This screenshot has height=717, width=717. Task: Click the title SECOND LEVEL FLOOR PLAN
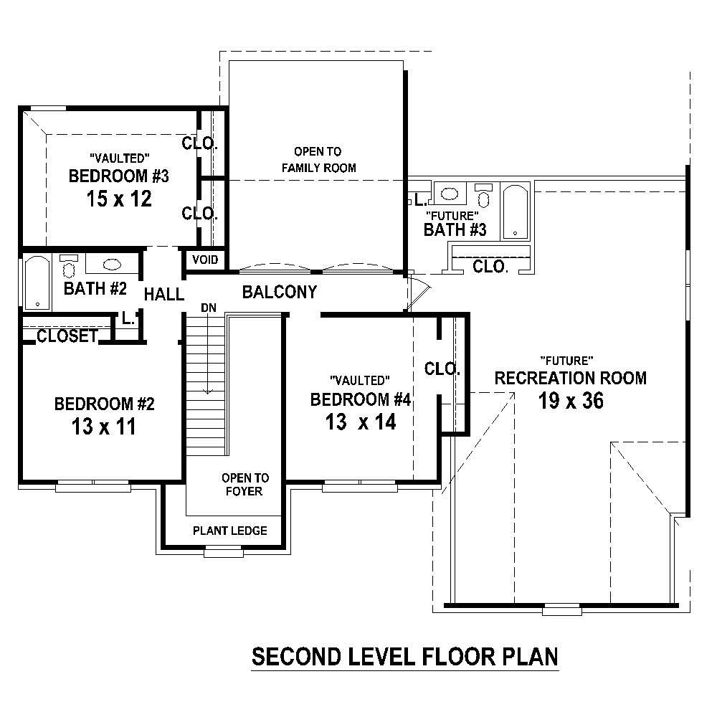(404, 656)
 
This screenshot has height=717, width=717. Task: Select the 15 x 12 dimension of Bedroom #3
(119, 199)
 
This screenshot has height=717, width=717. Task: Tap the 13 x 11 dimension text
(104, 427)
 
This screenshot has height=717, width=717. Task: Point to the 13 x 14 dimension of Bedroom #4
(360, 422)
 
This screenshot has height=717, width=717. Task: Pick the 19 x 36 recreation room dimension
(571, 401)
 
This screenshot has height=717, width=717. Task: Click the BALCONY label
(280, 292)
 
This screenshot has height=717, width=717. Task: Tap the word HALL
(164, 294)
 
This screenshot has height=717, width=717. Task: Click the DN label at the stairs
(208, 308)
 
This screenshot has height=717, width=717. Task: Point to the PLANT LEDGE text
(230, 531)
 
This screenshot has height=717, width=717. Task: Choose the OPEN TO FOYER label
(245, 485)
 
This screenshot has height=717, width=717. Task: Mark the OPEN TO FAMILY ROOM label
(318, 160)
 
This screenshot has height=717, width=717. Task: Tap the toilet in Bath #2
(69, 267)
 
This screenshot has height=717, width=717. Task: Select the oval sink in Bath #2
(113, 265)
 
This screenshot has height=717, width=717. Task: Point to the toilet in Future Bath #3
(485, 195)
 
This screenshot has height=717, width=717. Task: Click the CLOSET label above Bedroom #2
(67, 336)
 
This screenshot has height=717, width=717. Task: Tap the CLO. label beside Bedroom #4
(442, 369)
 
